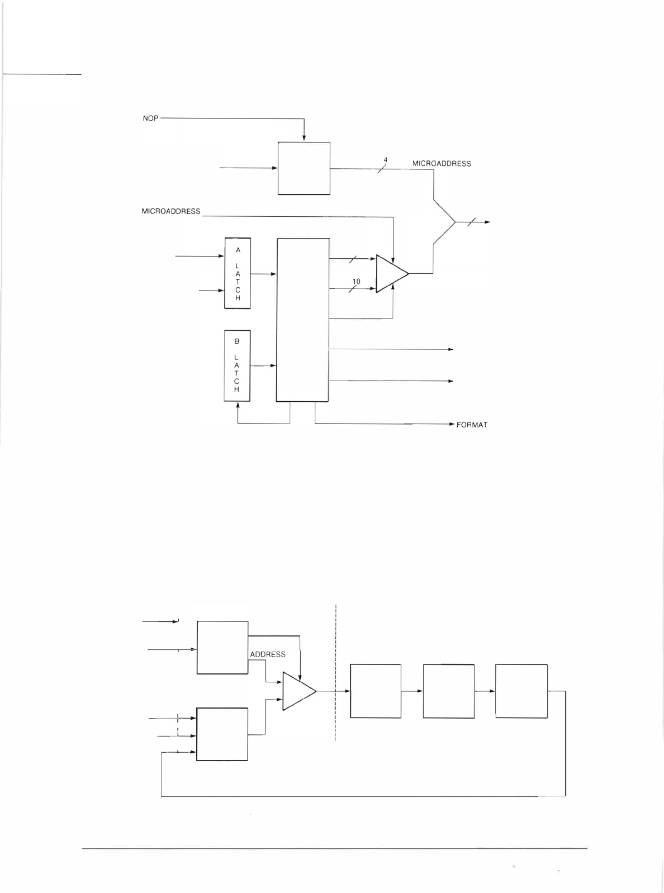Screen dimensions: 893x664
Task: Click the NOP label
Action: [150, 118]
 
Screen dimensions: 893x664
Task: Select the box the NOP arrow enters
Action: [303, 168]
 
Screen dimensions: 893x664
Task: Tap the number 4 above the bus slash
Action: [385, 160]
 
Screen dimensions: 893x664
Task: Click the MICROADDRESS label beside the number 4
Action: [442, 164]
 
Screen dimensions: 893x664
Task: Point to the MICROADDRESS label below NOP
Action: [171, 211]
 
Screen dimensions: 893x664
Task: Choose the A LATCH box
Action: [238, 273]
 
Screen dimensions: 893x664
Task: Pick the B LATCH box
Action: [237, 365]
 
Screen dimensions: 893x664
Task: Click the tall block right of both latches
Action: [303, 320]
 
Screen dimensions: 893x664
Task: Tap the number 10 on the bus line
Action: [357, 282]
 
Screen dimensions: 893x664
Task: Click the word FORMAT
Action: [472, 425]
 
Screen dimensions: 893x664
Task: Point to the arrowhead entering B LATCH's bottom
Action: [238, 405]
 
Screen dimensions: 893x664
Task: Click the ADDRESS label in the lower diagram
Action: [268, 654]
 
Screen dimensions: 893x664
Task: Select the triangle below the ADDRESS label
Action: [298, 691]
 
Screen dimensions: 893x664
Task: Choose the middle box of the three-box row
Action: [449, 691]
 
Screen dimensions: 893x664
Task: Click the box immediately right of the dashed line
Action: [376, 691]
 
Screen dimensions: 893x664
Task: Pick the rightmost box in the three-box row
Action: [521, 691]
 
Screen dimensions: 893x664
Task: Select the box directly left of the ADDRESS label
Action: [222, 648]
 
